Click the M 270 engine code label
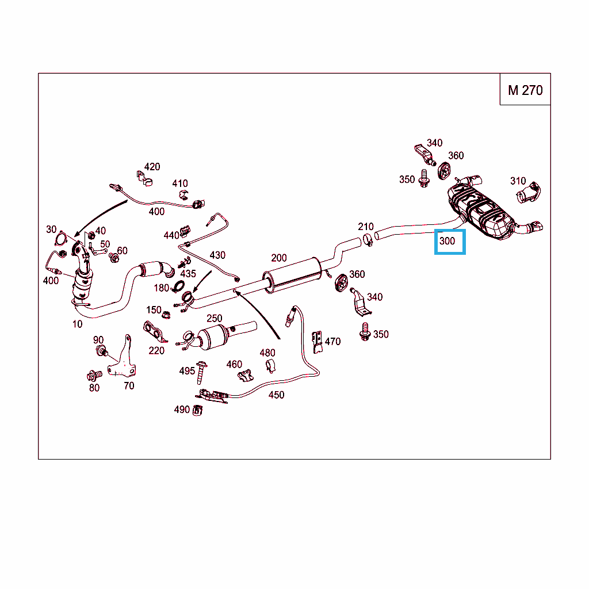[x=525, y=90]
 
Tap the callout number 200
[x=279, y=258]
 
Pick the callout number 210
[x=366, y=227]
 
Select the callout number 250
[x=214, y=318]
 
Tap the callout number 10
[x=78, y=324]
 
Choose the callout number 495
[x=187, y=371]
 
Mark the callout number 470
[x=332, y=341]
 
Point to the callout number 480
[x=267, y=353]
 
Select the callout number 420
[x=152, y=167]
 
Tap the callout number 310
[x=518, y=181]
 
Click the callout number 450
[x=276, y=395]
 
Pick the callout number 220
[x=156, y=350]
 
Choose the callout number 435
[x=188, y=274]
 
